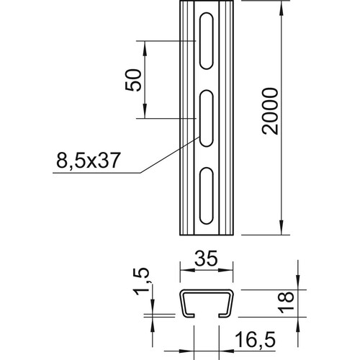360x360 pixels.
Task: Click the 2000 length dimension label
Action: (x=270, y=111)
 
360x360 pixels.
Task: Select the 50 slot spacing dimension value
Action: (x=133, y=80)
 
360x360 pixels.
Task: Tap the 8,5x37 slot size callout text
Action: (x=88, y=161)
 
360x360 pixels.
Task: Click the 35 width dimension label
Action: (x=206, y=258)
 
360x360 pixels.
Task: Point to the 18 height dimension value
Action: (x=286, y=302)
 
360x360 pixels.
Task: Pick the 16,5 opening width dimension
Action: (x=255, y=339)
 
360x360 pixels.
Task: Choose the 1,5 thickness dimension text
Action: (x=141, y=282)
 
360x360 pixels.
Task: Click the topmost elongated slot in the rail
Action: (x=206, y=41)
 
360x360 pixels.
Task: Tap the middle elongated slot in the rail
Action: (x=206, y=118)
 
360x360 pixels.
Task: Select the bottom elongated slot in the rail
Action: (x=206, y=196)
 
